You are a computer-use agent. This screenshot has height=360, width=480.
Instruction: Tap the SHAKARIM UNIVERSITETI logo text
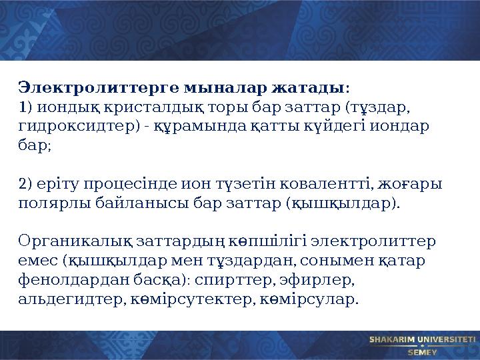421,339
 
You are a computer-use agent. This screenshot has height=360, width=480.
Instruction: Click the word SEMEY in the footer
422,352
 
